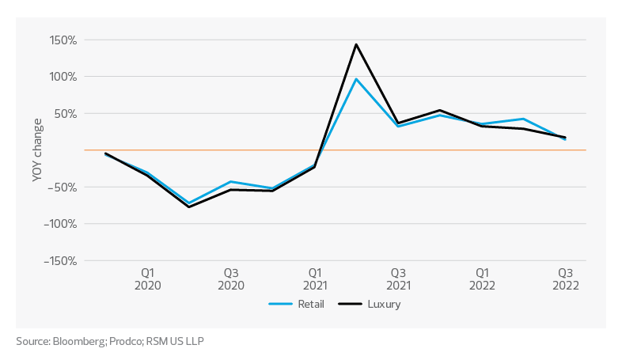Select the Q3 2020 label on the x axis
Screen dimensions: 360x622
point(230,278)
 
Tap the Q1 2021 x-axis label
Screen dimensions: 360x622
point(314,278)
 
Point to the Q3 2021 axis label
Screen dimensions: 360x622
point(397,278)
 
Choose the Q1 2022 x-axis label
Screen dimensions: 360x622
point(480,278)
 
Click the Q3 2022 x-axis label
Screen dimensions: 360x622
point(564,278)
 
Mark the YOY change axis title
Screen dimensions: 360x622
point(37,150)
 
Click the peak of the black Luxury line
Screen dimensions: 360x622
point(356,44)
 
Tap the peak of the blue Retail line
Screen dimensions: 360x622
point(356,78)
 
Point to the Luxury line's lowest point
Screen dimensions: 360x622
point(189,207)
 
